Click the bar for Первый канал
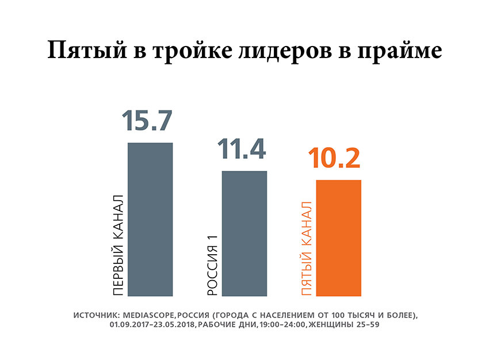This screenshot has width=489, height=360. point(150,219)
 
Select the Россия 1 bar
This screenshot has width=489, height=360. point(244,233)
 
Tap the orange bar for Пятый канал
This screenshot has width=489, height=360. point(339,238)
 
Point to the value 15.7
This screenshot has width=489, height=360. point(147,121)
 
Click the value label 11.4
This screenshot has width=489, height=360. point(242,150)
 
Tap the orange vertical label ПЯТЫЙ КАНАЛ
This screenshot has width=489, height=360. point(307,248)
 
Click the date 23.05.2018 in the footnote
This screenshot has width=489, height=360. point(174,325)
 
